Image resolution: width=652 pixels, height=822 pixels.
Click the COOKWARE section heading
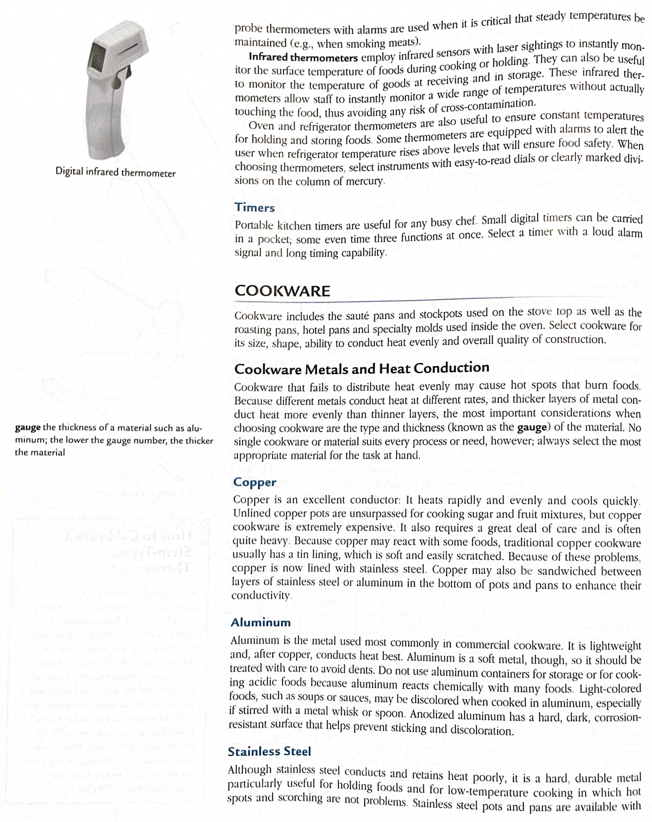click(282, 291)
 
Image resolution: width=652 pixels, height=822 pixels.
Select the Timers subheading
click(254, 207)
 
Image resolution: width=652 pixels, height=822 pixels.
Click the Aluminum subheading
click(260, 622)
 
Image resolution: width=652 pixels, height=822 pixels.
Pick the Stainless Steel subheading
click(269, 752)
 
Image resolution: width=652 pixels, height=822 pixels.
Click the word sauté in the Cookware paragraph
click(374, 314)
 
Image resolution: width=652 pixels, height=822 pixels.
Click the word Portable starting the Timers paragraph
click(254, 226)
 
